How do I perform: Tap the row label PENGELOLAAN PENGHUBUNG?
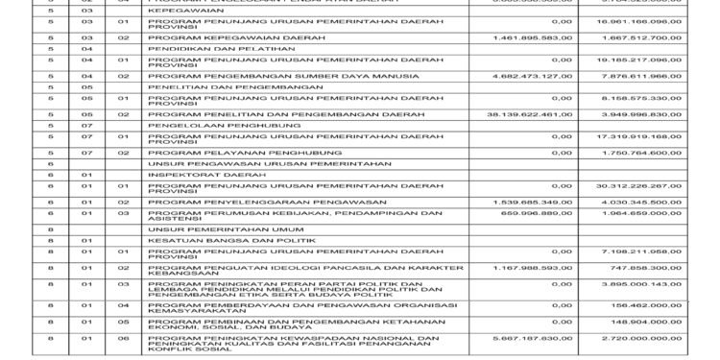(x=194, y=124)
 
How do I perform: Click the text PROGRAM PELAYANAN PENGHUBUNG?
(x=218, y=153)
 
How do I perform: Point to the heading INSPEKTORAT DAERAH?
(x=186, y=174)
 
